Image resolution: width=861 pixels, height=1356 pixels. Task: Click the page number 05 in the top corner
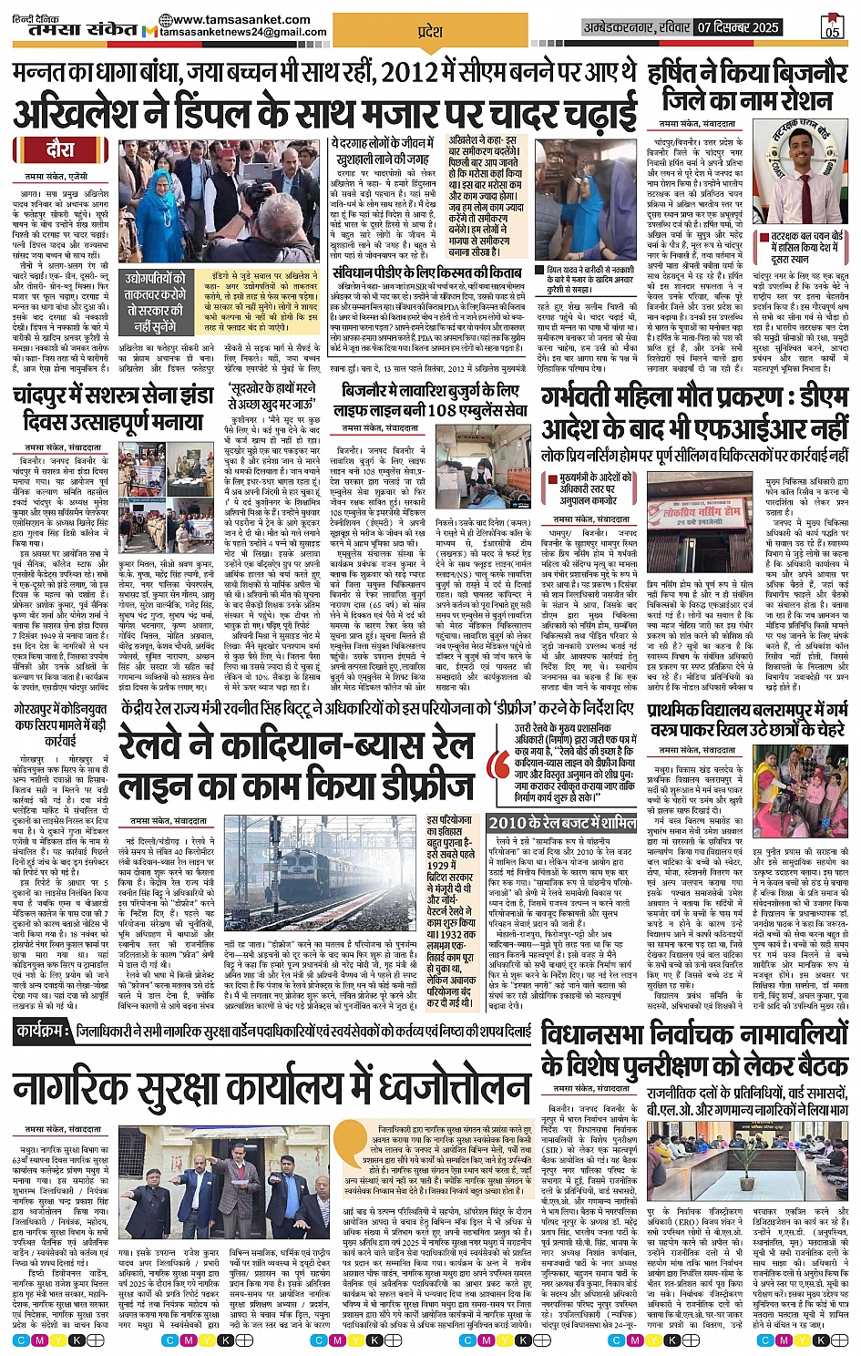(x=832, y=29)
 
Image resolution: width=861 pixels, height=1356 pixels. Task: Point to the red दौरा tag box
(x=61, y=149)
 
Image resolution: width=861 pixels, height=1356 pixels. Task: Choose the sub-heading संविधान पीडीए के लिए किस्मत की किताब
(x=426, y=272)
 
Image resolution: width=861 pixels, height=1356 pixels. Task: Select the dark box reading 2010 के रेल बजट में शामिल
(x=561, y=822)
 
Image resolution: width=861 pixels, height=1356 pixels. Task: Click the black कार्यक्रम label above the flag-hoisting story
(x=44, y=1031)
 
